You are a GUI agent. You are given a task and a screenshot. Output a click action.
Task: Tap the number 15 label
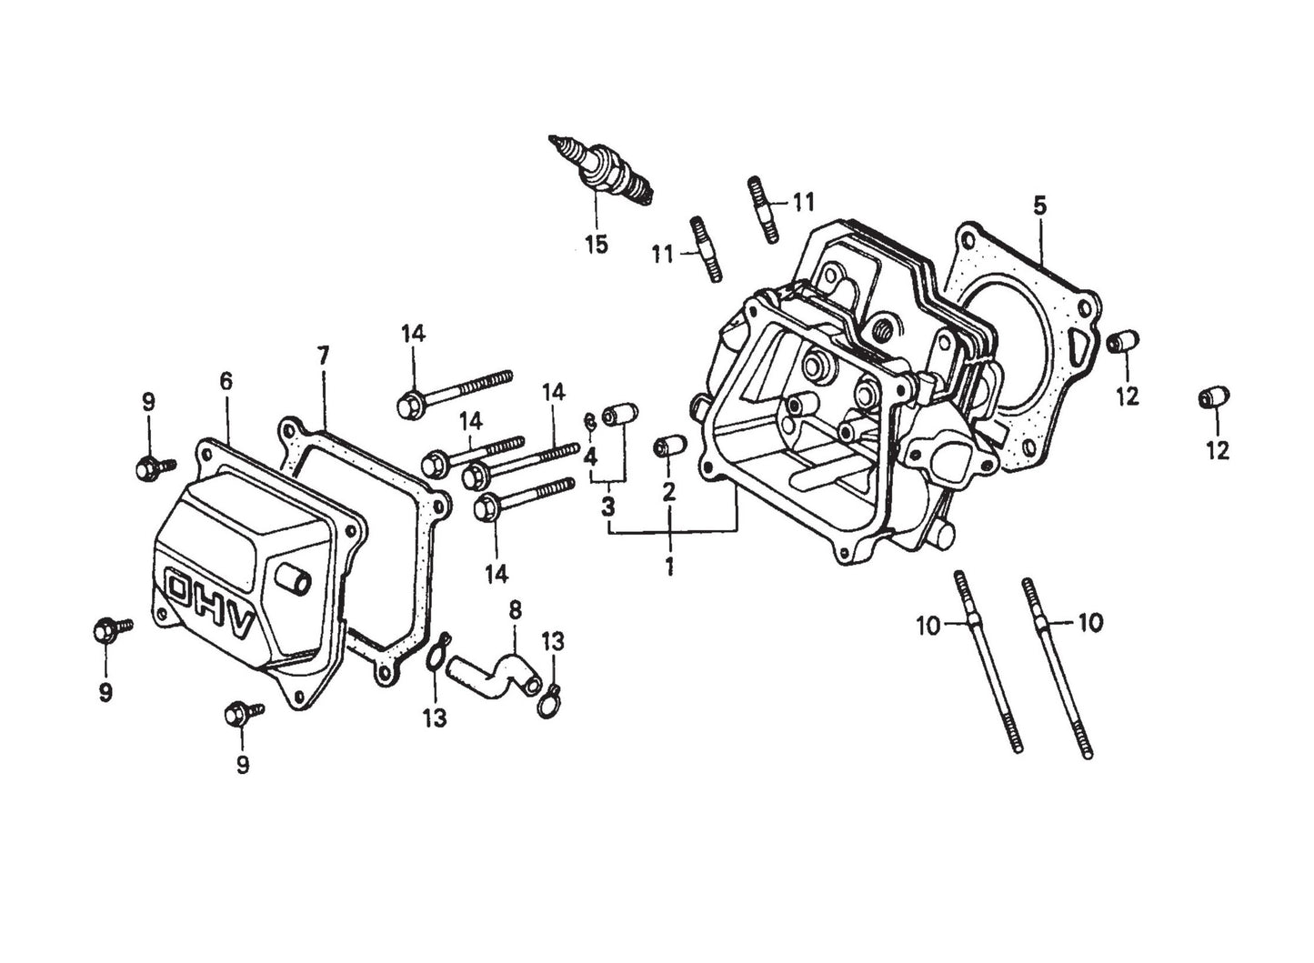[596, 246]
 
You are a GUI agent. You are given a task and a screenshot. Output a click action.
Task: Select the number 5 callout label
[1039, 206]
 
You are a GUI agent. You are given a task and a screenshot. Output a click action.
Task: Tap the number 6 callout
[226, 382]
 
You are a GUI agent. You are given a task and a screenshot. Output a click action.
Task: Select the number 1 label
[669, 566]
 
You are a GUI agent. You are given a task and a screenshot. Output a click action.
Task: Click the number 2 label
[669, 492]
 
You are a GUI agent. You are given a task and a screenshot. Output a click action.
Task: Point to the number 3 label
[607, 506]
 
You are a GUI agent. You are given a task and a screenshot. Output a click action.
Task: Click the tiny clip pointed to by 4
[589, 420]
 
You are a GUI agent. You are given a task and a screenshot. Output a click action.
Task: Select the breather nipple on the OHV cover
[291, 577]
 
